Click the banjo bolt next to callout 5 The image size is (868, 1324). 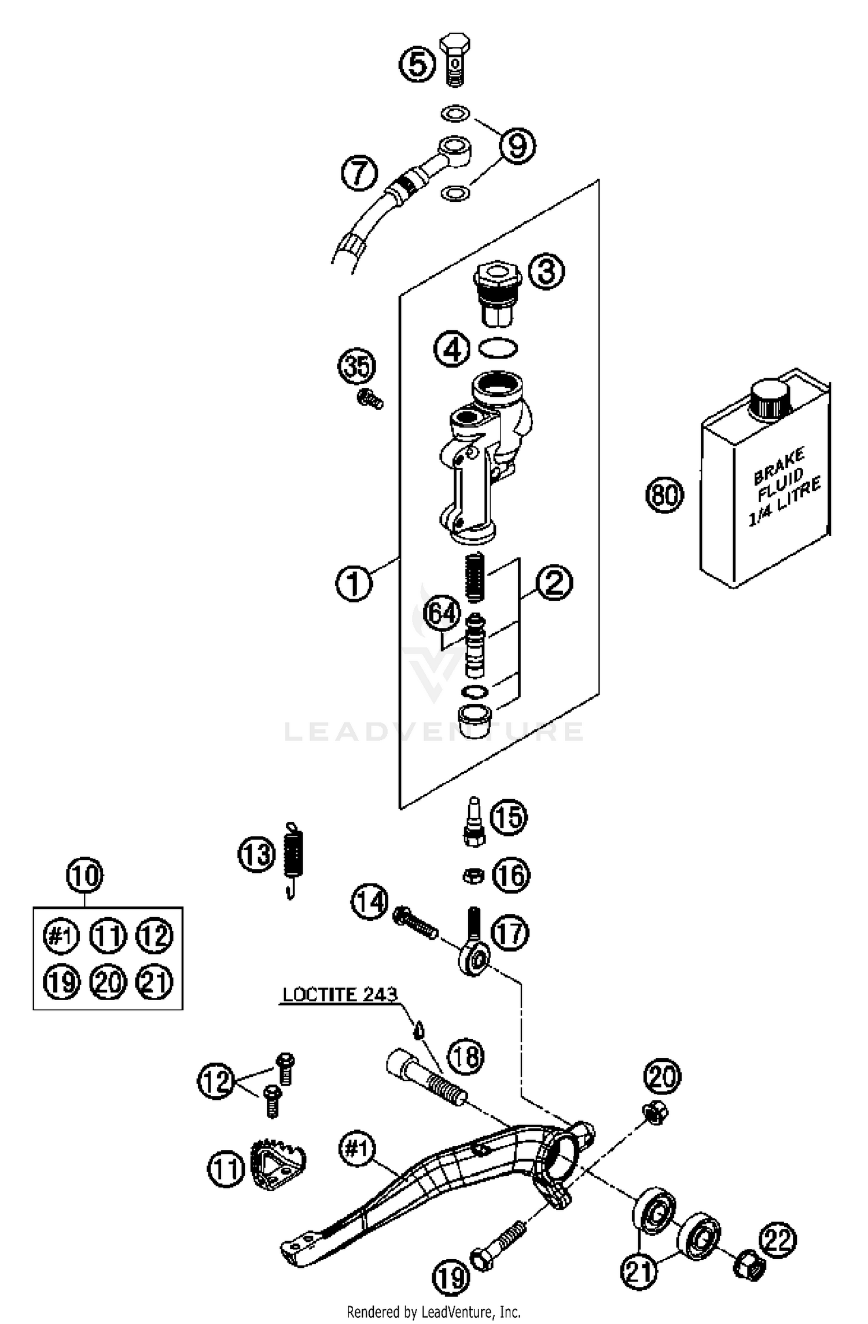pyautogui.click(x=455, y=59)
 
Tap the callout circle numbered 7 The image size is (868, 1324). pyautogui.click(x=359, y=173)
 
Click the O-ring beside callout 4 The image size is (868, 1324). pyautogui.click(x=498, y=348)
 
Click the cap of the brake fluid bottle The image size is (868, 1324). pyautogui.click(x=770, y=399)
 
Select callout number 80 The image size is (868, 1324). pyautogui.click(x=665, y=495)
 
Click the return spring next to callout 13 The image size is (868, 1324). pyautogui.click(x=294, y=857)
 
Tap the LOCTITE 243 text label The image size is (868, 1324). pyautogui.click(x=340, y=994)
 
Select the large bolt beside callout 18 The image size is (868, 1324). pyautogui.click(x=426, y=1075)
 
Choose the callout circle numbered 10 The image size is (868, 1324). pyautogui.click(x=84, y=876)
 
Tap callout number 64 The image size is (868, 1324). pyautogui.click(x=442, y=613)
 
